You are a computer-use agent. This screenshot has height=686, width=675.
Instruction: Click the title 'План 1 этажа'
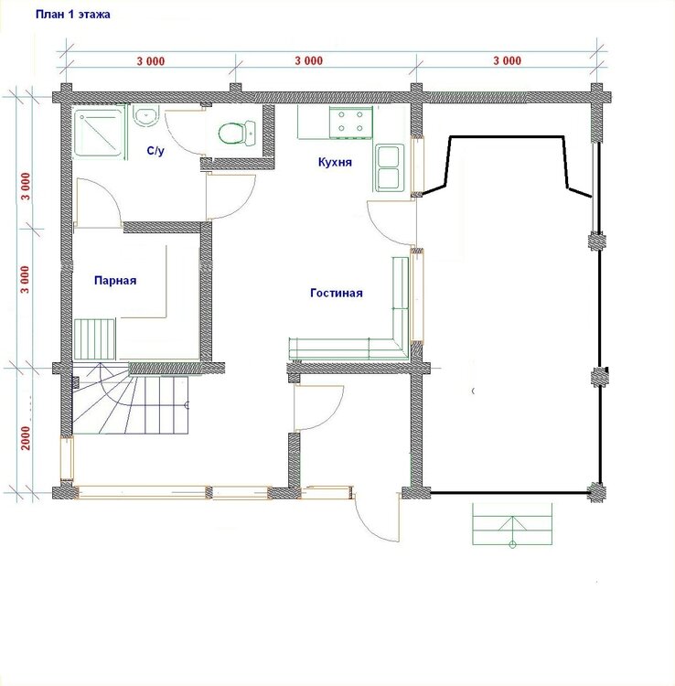click(72, 15)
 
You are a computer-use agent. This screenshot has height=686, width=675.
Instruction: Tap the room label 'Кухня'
click(335, 162)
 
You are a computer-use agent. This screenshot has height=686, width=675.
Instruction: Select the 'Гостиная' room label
click(337, 293)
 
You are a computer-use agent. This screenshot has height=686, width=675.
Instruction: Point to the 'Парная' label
click(115, 281)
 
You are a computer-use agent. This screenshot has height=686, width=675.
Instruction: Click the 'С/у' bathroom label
click(155, 151)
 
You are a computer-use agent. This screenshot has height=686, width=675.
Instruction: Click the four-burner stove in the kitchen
click(350, 122)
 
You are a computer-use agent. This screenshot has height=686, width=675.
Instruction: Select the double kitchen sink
click(388, 167)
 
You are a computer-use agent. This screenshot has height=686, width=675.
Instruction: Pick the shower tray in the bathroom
click(100, 132)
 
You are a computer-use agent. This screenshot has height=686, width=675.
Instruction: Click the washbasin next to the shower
click(145, 115)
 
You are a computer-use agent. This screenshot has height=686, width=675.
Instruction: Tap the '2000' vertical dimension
click(26, 437)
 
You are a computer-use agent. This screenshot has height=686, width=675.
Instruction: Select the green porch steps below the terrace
click(512, 524)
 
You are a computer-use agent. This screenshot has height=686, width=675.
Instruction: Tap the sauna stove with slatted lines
click(95, 338)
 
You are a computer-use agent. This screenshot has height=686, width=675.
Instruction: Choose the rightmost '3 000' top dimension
click(508, 60)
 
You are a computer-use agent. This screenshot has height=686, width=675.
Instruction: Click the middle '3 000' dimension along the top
click(309, 60)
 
